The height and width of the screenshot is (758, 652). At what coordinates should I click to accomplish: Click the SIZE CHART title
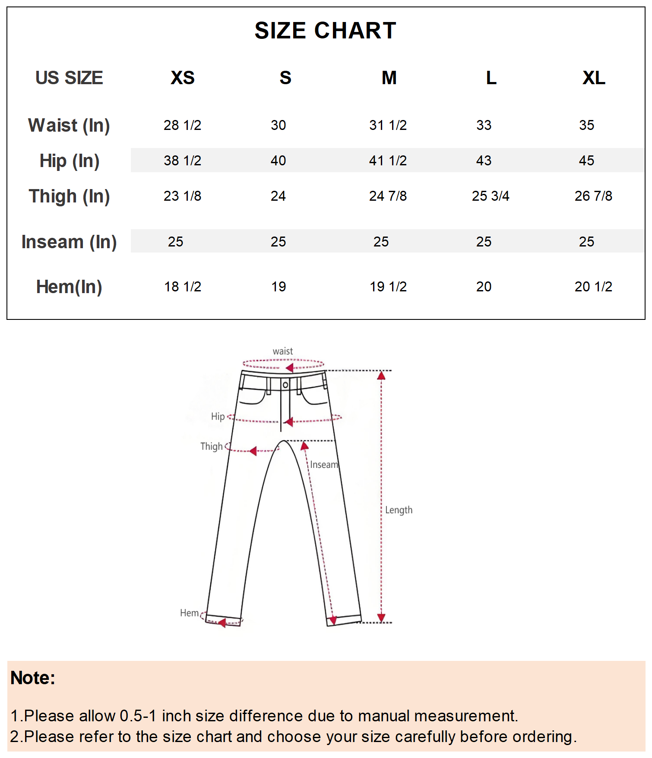tap(325, 31)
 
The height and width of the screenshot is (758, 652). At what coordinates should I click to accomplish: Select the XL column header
tap(594, 78)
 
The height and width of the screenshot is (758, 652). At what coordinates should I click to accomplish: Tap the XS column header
tap(183, 78)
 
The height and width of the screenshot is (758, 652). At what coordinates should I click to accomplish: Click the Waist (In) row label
tap(69, 126)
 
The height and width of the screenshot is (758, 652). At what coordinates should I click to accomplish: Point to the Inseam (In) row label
tap(69, 242)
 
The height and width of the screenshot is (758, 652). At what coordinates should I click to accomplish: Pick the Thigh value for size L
tap(491, 196)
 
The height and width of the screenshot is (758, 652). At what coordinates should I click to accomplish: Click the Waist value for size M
tap(388, 125)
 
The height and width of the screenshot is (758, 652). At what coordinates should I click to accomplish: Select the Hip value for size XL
tap(586, 161)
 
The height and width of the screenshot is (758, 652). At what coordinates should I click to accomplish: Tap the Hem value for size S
tap(279, 287)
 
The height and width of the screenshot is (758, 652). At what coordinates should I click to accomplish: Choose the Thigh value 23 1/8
tap(182, 196)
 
